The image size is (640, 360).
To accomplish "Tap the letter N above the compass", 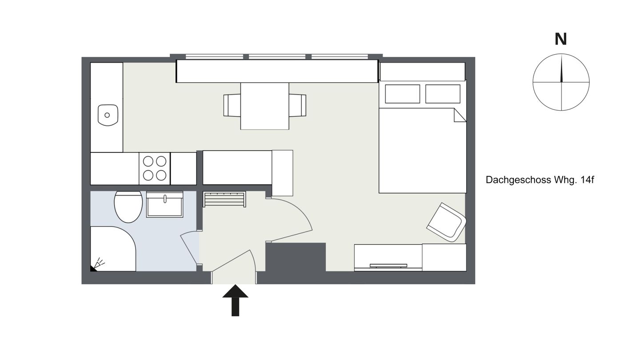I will (x=560, y=39).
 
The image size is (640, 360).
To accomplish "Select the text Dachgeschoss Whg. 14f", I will (x=540, y=180).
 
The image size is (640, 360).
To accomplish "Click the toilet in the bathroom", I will (x=128, y=207).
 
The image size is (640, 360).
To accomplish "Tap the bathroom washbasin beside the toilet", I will (x=164, y=205).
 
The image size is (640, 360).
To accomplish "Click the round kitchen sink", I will (x=108, y=115).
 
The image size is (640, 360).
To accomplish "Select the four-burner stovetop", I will (x=154, y=168).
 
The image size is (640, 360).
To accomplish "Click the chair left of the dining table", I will (x=232, y=105).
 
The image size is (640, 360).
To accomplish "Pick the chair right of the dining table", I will (x=297, y=105).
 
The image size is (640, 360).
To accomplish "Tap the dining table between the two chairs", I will (x=264, y=106).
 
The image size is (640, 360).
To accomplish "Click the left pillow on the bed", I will (x=402, y=94).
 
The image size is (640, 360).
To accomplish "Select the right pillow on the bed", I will (x=442, y=94).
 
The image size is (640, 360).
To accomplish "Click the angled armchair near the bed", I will (x=447, y=222).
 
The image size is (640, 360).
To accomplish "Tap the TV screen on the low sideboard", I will (x=388, y=266).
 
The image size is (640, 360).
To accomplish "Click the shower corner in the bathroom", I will (x=112, y=249).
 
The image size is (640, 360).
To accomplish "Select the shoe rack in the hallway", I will (x=224, y=199).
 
